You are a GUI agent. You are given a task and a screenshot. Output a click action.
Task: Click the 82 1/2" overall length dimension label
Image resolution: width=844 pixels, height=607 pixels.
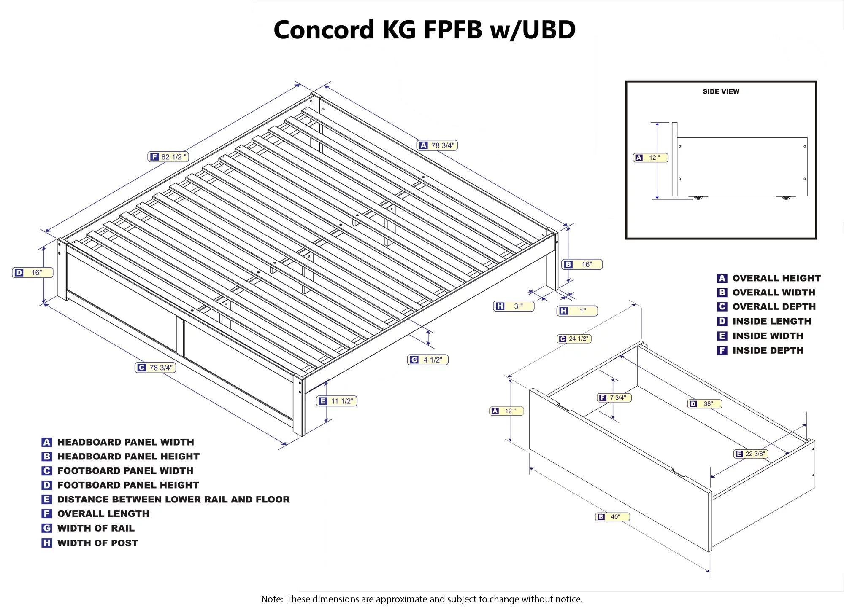[168, 157]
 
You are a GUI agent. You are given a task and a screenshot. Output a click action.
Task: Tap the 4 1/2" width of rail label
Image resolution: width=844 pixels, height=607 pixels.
[427, 360]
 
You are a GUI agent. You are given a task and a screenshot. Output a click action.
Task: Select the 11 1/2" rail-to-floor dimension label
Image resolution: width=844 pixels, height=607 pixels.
[337, 401]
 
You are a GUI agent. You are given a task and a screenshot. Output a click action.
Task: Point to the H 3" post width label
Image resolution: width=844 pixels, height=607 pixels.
[514, 306]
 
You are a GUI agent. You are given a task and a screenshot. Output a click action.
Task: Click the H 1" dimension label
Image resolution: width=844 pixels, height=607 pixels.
[577, 311]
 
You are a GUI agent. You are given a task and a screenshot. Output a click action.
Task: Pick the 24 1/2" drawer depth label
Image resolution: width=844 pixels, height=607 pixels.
[574, 338]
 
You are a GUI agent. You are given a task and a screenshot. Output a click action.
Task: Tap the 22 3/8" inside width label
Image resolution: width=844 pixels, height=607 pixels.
[751, 454]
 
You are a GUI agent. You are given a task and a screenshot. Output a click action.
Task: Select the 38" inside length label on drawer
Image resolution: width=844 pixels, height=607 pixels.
[704, 403]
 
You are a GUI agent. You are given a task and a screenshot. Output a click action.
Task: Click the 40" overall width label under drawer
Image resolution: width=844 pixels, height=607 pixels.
[612, 516]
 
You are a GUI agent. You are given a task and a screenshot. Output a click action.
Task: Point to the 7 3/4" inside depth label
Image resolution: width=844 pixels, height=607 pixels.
[614, 398]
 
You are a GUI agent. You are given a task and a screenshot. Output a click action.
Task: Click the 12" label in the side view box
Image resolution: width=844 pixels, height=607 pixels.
[650, 158]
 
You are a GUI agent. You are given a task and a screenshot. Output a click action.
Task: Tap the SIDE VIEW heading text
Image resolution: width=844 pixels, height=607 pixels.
[721, 91]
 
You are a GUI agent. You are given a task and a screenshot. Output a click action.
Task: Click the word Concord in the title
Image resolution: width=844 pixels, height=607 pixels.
[324, 30]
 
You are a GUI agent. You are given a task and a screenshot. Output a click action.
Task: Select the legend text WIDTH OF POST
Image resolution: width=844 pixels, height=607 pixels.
[97, 543]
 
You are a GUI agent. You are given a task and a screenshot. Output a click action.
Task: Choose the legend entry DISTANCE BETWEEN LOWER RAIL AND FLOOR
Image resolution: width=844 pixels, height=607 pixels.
[173, 500]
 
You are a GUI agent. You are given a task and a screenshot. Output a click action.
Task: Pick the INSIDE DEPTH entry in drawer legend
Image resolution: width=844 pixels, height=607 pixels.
[768, 350]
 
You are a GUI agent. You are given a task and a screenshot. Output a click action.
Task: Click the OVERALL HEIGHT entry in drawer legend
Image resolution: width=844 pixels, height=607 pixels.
[776, 278]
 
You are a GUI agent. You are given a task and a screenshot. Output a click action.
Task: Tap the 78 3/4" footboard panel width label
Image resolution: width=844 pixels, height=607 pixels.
[155, 368]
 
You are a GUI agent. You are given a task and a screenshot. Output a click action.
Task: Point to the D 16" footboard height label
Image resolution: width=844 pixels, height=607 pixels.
[32, 272]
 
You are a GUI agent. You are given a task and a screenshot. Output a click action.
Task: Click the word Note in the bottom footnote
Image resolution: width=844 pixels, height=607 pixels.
[272, 599]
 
